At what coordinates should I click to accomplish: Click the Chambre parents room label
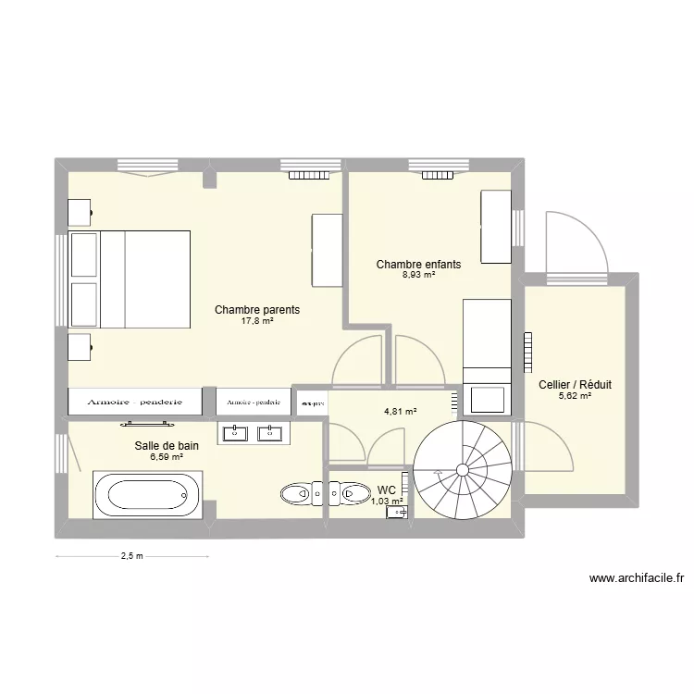click(x=257, y=310)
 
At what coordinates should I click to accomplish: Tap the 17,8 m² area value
click(x=257, y=322)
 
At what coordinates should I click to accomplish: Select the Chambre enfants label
click(x=418, y=265)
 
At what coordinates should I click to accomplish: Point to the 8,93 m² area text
click(x=418, y=275)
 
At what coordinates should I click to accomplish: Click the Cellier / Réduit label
click(x=575, y=385)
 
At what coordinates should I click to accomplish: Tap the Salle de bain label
click(x=166, y=445)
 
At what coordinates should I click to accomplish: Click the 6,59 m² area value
click(x=166, y=456)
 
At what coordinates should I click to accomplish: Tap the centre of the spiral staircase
click(x=462, y=470)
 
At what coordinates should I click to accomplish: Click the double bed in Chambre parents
click(x=131, y=279)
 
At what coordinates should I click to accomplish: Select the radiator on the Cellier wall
click(x=530, y=352)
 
